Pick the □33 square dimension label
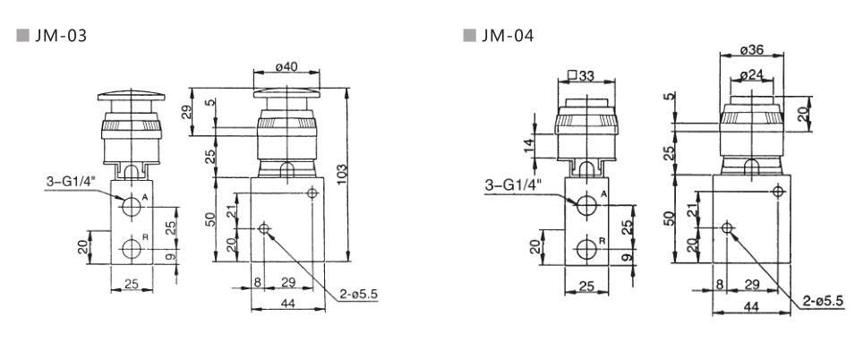tap(584, 75)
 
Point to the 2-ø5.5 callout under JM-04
tap(822, 301)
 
